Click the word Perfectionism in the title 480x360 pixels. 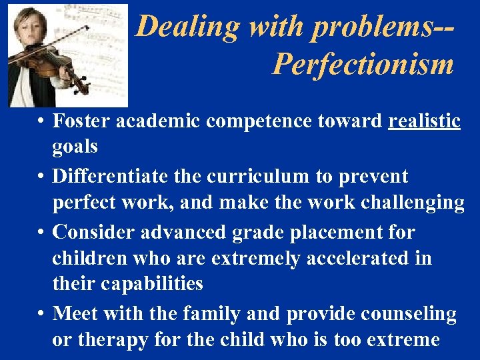click(x=363, y=65)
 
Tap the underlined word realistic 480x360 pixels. click(x=425, y=121)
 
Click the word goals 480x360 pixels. click(x=75, y=146)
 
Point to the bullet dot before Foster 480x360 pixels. click(x=41, y=121)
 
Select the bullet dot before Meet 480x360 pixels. click(x=41, y=313)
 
